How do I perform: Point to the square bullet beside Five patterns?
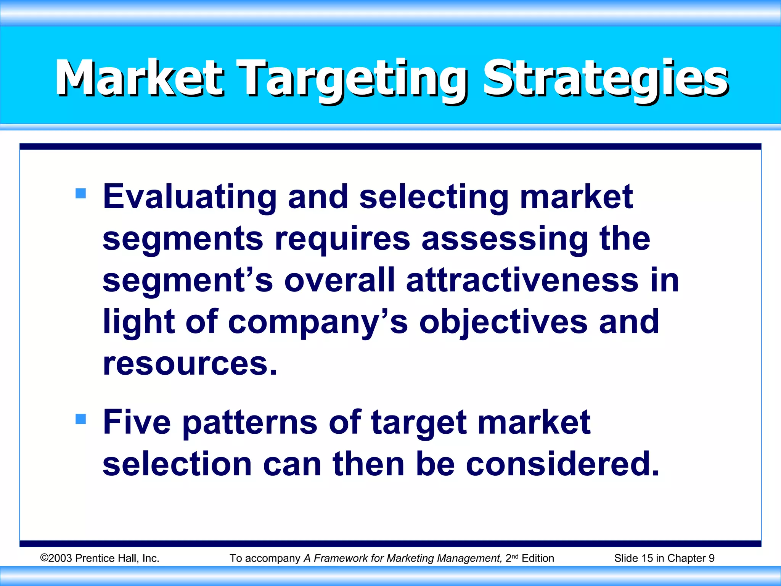coord(81,419)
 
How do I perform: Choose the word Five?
coord(137,422)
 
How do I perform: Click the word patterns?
coord(250,422)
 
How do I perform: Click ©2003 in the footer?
coord(56,558)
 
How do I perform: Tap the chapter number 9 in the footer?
coord(711,558)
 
